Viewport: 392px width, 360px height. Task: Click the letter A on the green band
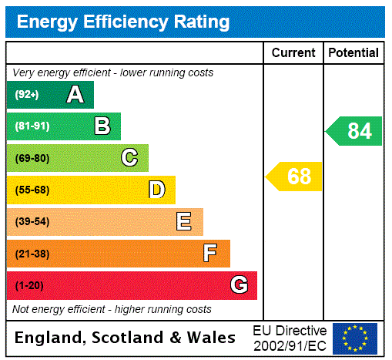pos(75,95)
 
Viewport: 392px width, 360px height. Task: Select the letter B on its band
pos(102,126)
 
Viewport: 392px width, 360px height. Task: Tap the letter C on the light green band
pos(129,158)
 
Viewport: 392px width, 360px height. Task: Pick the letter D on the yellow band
pos(156,190)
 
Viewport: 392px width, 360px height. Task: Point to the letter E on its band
pos(184,222)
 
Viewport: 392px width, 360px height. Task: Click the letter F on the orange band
pos(210,254)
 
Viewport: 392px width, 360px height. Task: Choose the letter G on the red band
pos(239,285)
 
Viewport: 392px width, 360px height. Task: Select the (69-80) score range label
pos(32,158)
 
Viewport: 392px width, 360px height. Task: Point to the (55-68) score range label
pos(32,190)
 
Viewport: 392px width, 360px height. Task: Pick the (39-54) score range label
pos(32,222)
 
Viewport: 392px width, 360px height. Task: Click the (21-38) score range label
pos(32,254)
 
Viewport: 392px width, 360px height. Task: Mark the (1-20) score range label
pos(28,286)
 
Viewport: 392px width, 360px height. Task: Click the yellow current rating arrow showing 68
pos(295,177)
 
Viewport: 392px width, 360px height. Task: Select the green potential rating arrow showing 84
pos(355,131)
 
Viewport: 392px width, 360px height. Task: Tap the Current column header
pos(293,53)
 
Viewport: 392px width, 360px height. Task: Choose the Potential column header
pos(353,53)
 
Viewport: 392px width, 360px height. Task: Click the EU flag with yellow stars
pos(355,338)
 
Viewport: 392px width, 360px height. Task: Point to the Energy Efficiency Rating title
pos(123,22)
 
